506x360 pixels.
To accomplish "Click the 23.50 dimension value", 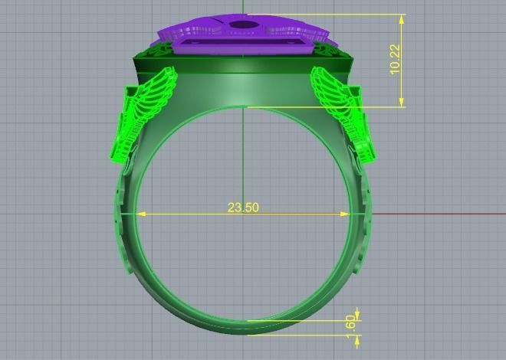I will (x=242, y=208).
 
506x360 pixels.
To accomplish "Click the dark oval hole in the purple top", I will (x=243, y=26).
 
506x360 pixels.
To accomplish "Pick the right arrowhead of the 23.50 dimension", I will (x=347, y=214).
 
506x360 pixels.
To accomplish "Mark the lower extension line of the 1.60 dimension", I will (x=307, y=334).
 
